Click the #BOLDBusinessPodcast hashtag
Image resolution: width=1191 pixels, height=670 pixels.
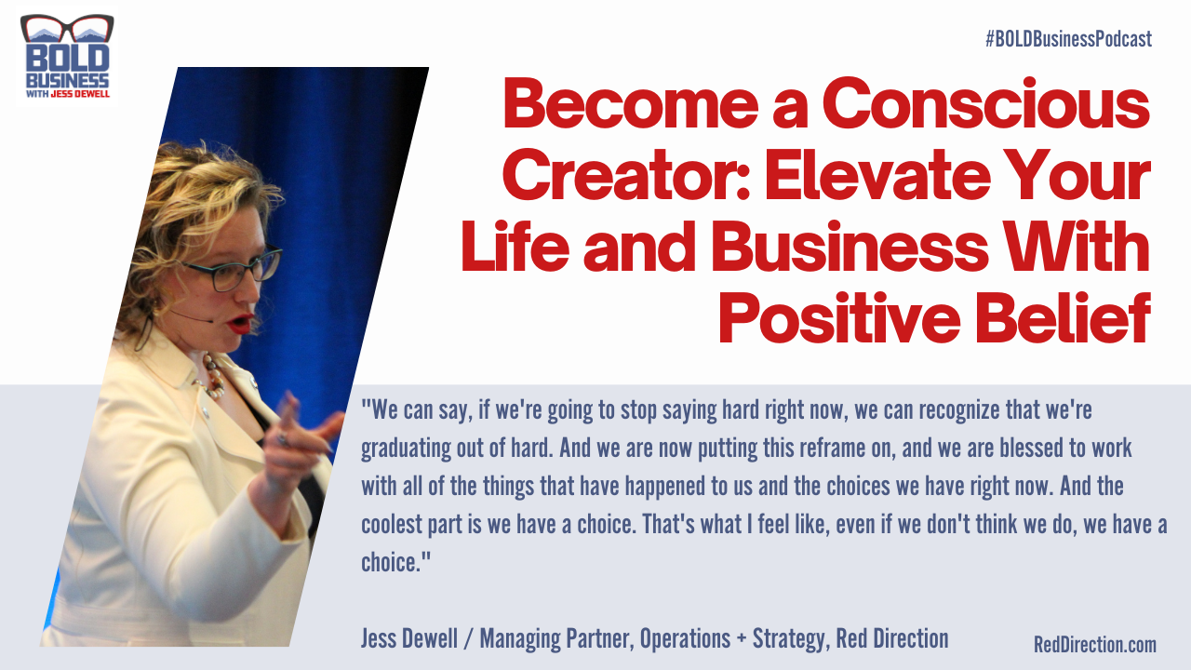1067,39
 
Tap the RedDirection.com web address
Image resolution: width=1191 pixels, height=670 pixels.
1094,644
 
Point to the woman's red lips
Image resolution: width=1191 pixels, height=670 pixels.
241,325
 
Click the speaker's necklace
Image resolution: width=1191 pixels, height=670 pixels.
213,377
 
